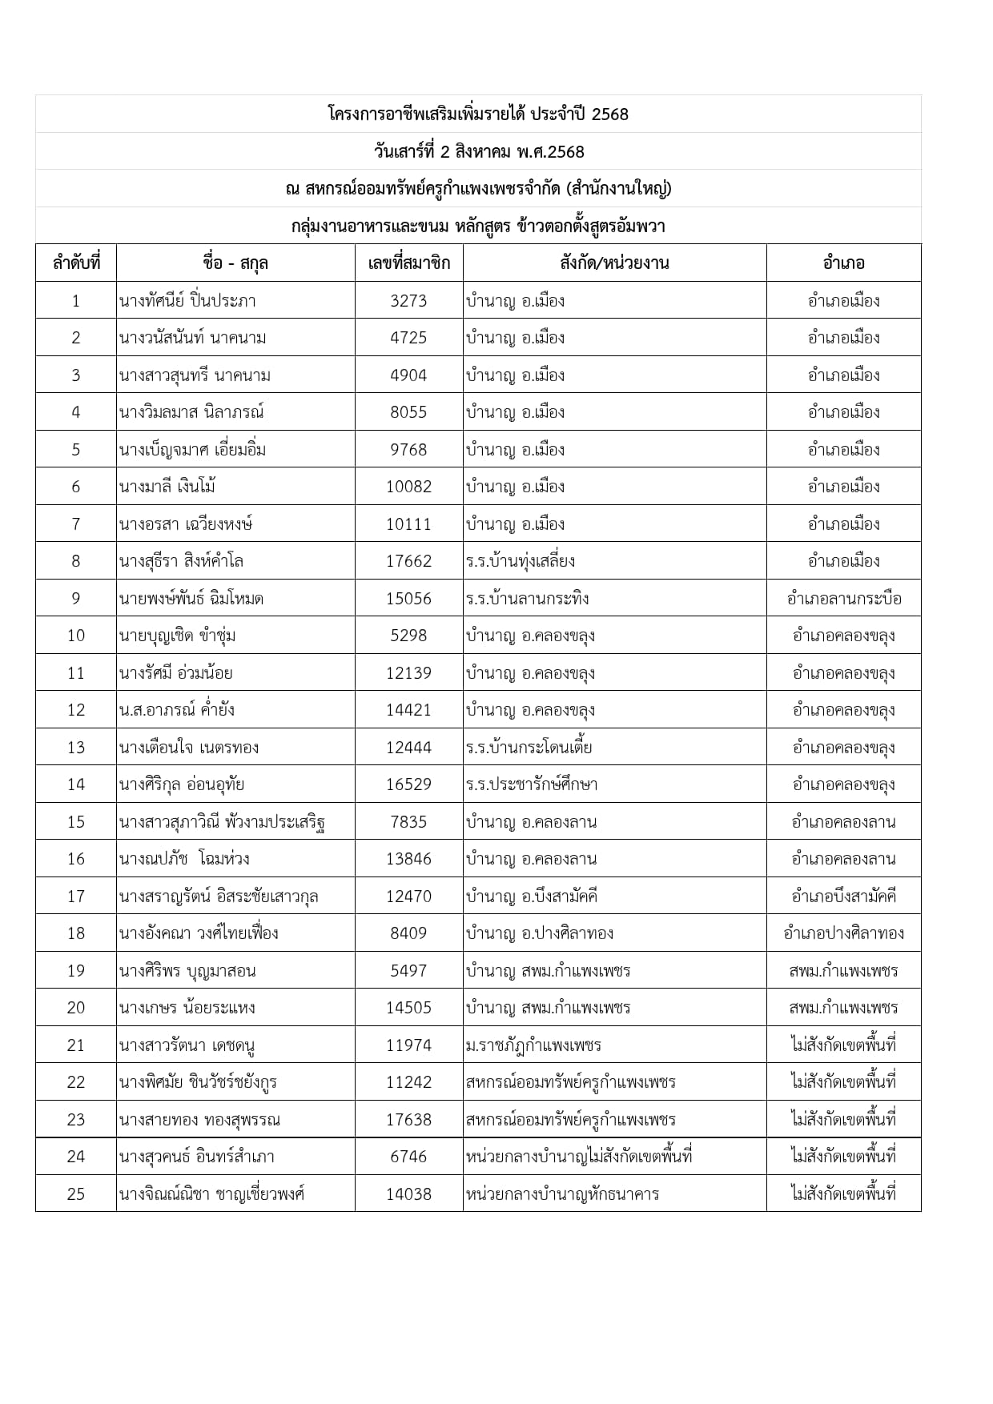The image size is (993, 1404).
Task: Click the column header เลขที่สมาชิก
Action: point(408,263)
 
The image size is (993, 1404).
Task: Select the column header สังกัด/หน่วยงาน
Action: point(614,263)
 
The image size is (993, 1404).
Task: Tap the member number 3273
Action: point(408,301)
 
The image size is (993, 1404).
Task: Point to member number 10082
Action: point(408,487)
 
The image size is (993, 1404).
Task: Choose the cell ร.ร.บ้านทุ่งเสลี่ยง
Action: point(521,561)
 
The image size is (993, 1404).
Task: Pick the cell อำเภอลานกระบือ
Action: point(844,599)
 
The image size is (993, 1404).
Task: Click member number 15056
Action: point(408,599)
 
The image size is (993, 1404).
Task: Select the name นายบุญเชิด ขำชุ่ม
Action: point(177,636)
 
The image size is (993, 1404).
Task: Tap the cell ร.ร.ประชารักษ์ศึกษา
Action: point(532,784)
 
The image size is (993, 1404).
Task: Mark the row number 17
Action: point(76,897)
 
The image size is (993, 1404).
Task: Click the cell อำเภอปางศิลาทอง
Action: point(844,933)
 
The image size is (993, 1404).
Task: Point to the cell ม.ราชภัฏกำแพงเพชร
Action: point(533,1045)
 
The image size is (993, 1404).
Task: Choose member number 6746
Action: point(408,1157)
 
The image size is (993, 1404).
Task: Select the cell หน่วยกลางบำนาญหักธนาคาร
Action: point(562,1194)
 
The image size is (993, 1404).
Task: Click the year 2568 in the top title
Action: point(609,114)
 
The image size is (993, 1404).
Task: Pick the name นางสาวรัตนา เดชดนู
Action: point(187,1045)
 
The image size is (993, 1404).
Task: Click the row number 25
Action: point(76,1194)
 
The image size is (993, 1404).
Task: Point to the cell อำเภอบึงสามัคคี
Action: point(844,897)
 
